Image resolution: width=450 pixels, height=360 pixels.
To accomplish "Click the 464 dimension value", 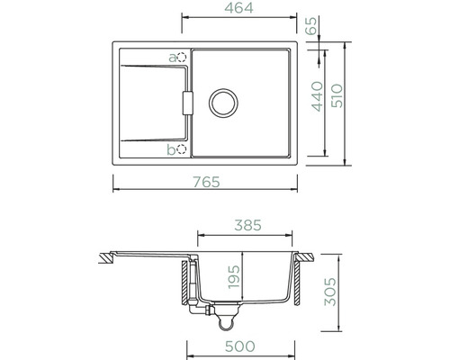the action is point(238,8).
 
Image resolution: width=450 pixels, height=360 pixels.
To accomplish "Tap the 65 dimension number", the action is point(311,26).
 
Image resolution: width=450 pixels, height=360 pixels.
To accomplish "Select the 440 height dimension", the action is point(318,96).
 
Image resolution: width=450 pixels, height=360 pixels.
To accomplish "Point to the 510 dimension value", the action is point(337,95).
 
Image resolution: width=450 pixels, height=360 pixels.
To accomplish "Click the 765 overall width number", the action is point(206,182).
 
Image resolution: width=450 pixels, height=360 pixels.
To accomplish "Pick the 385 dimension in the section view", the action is point(247,225).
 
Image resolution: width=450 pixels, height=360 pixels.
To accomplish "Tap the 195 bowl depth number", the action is point(234,276).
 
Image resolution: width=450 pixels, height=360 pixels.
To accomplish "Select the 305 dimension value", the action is point(330,292).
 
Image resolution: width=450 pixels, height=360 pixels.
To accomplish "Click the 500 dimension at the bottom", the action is point(240,346).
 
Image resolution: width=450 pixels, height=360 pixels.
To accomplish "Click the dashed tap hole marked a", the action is point(182,57).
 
